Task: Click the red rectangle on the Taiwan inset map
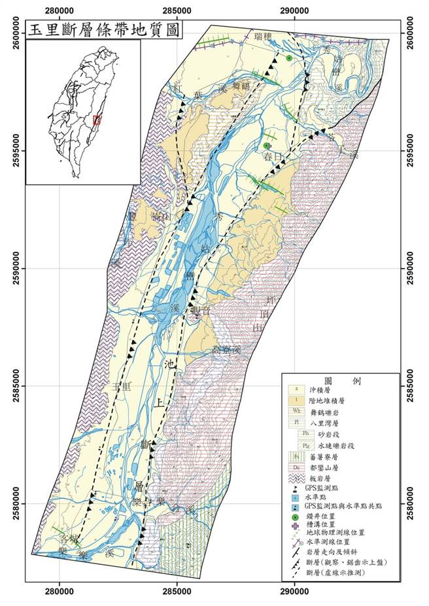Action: click(97, 120)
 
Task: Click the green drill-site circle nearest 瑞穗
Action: click(288, 59)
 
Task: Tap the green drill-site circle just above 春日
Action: click(266, 146)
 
